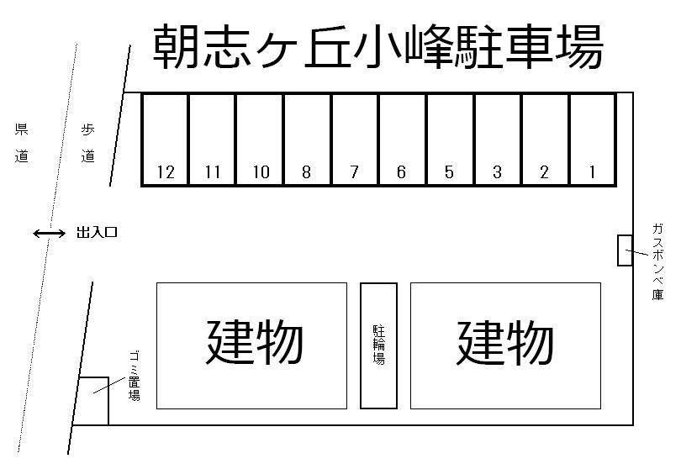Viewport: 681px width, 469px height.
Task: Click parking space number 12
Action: [x=165, y=140]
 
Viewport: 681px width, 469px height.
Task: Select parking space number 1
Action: [x=592, y=140]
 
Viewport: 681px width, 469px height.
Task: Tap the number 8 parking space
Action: [x=307, y=140]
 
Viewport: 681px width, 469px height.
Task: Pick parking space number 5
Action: [x=450, y=140]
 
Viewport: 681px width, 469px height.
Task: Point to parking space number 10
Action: [x=260, y=140]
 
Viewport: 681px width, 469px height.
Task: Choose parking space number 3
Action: [x=498, y=140]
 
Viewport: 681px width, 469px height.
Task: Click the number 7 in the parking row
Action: [x=354, y=173]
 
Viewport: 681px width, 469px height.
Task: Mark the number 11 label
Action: [x=212, y=173]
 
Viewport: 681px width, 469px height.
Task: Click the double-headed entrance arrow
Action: [x=49, y=233]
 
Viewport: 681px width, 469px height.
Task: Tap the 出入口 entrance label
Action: [x=97, y=233]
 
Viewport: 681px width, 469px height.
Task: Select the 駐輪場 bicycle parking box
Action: [x=378, y=345]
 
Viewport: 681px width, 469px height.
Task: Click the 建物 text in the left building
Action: [x=254, y=343]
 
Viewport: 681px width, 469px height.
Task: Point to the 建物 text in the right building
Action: [x=504, y=343]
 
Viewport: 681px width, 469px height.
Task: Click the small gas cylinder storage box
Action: [x=625, y=250]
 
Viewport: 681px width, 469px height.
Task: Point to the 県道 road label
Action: [x=22, y=143]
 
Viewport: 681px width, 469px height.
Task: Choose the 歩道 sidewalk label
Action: [x=88, y=143]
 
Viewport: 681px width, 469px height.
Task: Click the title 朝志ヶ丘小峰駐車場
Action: [x=377, y=48]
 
